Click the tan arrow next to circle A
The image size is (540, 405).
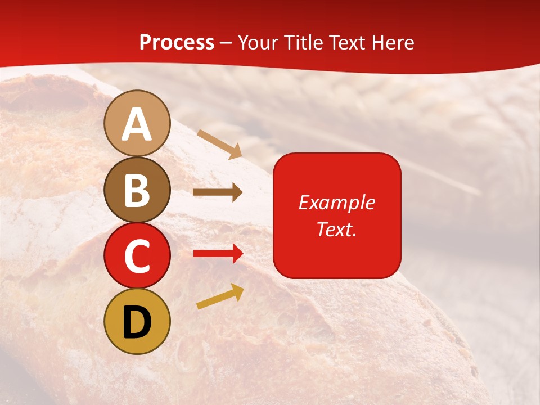pos(219,143)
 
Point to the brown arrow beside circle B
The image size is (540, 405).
pos(218,192)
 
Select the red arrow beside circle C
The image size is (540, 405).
pos(218,254)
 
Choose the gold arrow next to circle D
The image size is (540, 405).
pos(220,296)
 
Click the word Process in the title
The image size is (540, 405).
pos(177,43)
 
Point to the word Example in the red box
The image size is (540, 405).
pos(336,202)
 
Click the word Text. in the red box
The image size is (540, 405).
pos(336,229)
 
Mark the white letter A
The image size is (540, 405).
pos(137,125)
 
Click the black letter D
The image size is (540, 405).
pos(137,322)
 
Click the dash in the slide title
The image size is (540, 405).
pos(226,43)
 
